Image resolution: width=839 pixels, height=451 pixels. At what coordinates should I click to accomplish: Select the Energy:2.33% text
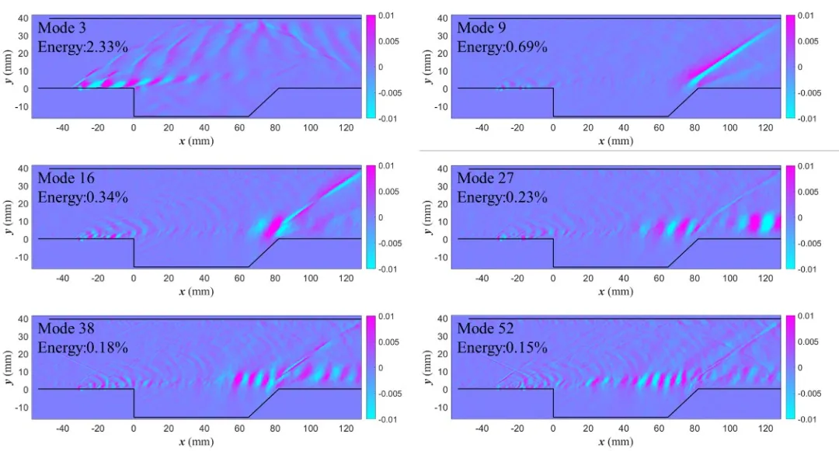tap(83, 47)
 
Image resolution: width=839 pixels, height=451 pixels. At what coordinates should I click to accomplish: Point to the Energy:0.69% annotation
tap(502, 47)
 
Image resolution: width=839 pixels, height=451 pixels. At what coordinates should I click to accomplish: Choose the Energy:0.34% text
tap(83, 197)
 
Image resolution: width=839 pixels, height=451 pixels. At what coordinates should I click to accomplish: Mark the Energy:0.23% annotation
tap(502, 197)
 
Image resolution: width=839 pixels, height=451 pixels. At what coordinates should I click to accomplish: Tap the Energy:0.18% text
tap(83, 347)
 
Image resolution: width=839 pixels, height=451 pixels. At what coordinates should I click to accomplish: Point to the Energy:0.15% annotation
tap(502, 347)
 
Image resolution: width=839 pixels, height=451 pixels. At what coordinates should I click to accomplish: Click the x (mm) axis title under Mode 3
tap(196, 141)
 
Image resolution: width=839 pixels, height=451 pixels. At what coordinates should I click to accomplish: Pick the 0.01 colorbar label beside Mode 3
tap(385, 16)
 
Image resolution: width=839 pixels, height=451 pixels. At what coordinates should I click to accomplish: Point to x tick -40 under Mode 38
tap(63, 428)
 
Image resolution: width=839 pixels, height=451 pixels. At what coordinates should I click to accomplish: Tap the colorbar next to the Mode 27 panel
tap(791, 217)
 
